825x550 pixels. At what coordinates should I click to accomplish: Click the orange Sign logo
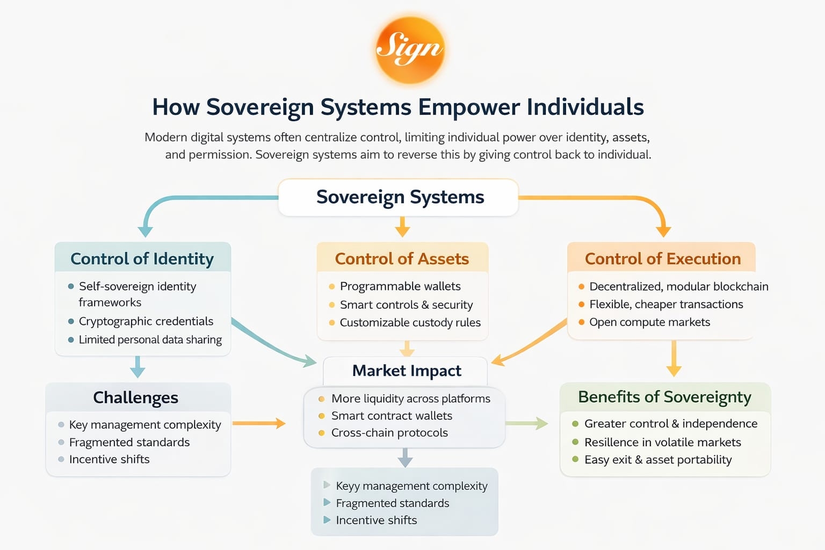click(x=410, y=50)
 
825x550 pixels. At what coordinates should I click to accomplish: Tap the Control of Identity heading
click(x=142, y=259)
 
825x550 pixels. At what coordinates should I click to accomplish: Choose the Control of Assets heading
click(x=402, y=259)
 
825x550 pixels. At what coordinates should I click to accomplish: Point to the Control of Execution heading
click(x=662, y=259)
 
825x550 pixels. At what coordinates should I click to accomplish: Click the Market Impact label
click(x=407, y=371)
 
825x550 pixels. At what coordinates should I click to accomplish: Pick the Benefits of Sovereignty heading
click(x=664, y=397)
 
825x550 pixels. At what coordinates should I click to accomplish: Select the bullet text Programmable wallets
click(x=400, y=286)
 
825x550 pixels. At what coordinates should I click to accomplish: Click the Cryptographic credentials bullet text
click(x=146, y=321)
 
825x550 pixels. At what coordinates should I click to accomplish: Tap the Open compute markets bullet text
click(x=649, y=322)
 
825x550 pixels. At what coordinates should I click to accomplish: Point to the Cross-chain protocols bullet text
click(x=389, y=433)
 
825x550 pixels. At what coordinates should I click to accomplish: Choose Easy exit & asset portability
click(x=658, y=460)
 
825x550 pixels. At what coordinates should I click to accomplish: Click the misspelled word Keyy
click(x=348, y=486)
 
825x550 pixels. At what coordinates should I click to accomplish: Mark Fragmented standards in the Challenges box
click(x=129, y=443)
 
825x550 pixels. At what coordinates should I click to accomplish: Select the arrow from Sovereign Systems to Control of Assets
click(x=402, y=227)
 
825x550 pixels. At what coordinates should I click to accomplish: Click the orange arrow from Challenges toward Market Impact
click(x=259, y=423)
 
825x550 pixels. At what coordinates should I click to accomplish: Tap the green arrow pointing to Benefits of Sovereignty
click(x=526, y=423)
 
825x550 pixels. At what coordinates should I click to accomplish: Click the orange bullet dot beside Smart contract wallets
click(x=321, y=416)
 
